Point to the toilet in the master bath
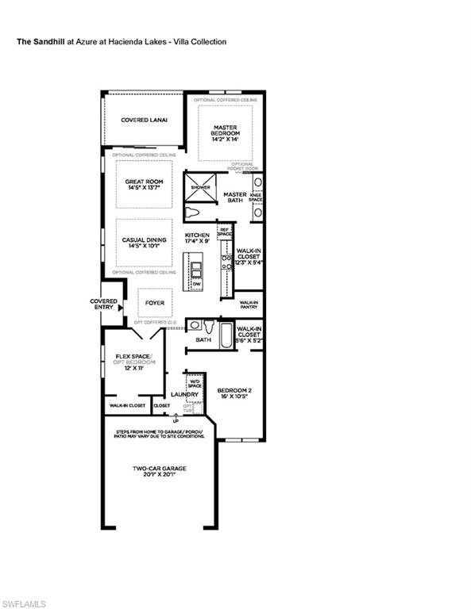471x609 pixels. tap(193, 213)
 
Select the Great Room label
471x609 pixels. tap(144, 182)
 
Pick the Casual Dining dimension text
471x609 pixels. tap(144, 247)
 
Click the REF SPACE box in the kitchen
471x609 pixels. tap(225, 233)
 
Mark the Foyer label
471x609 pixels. tap(154, 302)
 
